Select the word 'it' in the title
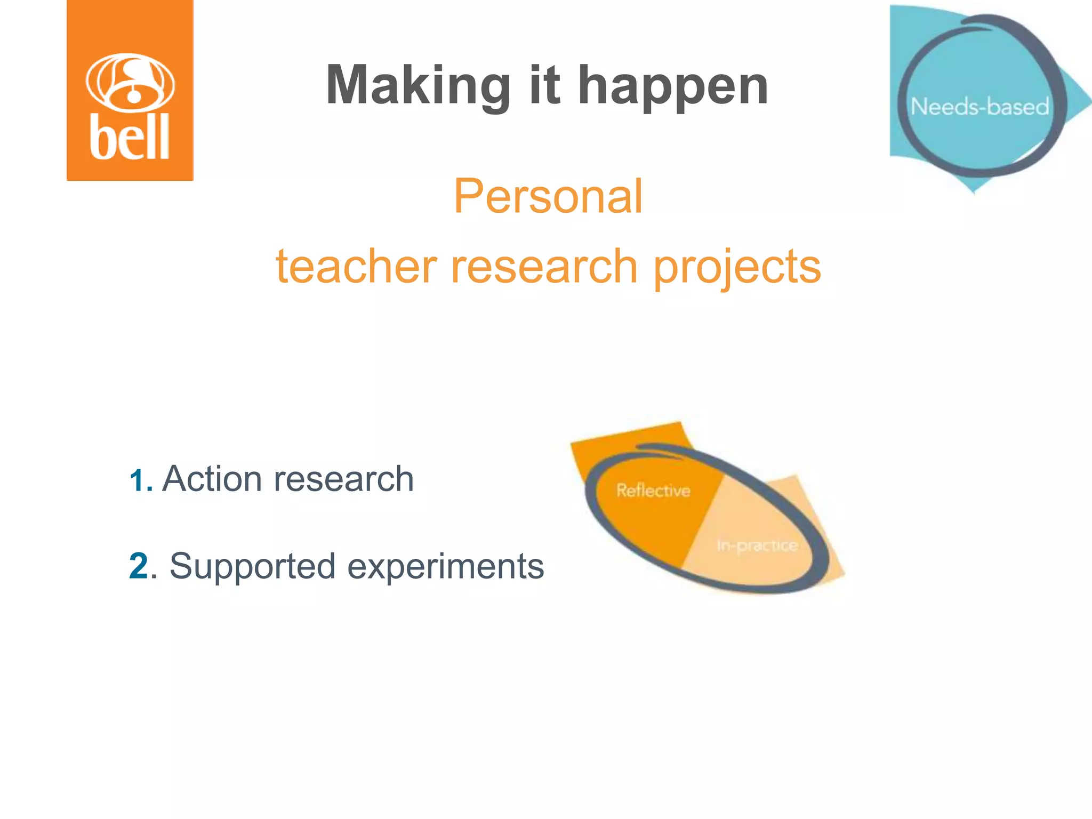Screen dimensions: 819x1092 [544, 85]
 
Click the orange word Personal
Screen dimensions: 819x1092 [548, 197]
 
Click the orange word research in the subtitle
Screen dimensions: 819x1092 [544, 266]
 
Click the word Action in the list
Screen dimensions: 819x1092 [212, 478]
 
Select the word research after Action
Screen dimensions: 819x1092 [343, 478]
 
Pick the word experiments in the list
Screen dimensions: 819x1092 [446, 566]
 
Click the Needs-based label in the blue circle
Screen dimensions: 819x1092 [979, 107]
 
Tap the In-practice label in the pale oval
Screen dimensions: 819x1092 [757, 545]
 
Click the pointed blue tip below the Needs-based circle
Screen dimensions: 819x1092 [974, 188]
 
